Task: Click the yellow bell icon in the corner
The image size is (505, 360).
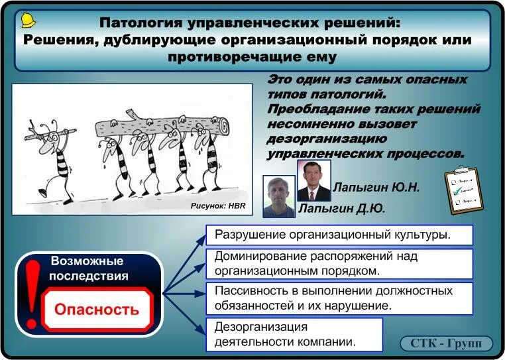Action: click(x=28, y=20)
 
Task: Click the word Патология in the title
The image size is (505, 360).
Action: click(x=140, y=23)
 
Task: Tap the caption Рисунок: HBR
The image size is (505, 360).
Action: click(x=217, y=206)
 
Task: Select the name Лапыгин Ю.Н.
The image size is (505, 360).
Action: click(x=376, y=187)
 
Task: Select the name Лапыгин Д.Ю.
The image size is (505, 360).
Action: click(x=342, y=209)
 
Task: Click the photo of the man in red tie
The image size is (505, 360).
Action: click(x=313, y=180)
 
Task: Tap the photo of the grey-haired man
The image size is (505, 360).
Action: click(x=278, y=196)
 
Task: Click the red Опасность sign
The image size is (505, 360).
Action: click(x=97, y=309)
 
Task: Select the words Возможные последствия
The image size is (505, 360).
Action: click(x=89, y=269)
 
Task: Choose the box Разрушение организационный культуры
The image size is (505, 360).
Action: click(x=339, y=235)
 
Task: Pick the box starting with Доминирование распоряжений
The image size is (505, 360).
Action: click(x=339, y=263)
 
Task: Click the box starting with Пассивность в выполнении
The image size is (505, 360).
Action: click(x=339, y=298)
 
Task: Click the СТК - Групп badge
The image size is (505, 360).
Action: click(x=446, y=343)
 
